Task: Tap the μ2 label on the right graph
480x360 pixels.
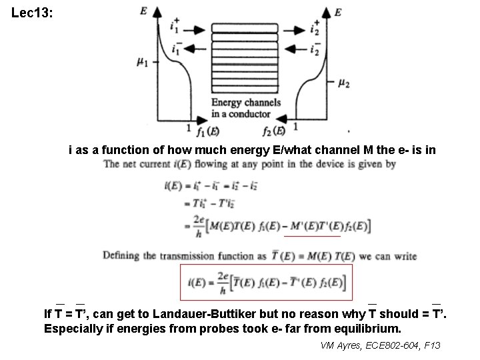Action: coord(343,83)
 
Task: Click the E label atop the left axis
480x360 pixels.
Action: coord(145,11)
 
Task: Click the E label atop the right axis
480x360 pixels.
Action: coord(338,13)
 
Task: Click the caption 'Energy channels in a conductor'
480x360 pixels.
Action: coord(245,107)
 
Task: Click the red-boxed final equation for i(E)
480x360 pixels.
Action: coord(266,282)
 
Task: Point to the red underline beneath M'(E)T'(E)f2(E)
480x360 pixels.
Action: coord(312,237)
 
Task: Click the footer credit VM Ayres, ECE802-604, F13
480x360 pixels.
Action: coord(381,345)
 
